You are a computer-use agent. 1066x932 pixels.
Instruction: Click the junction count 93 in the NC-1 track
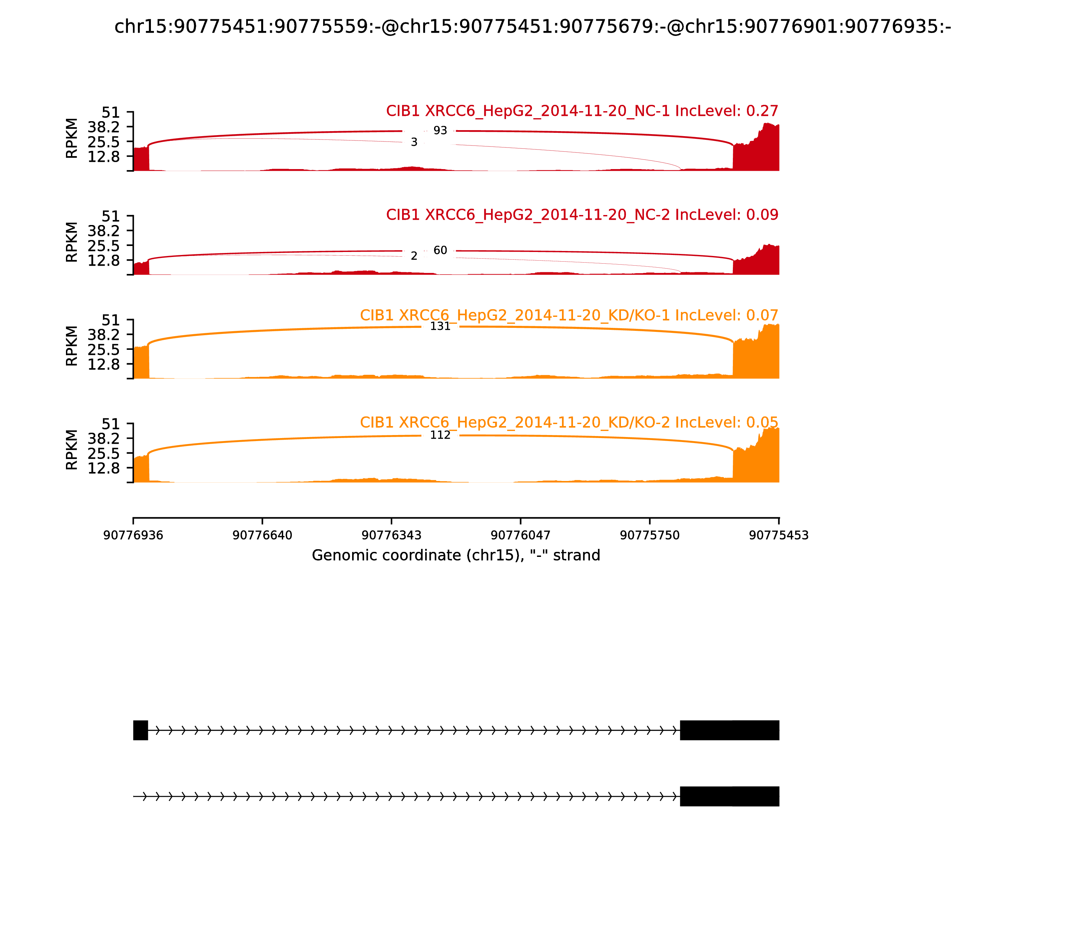(440, 130)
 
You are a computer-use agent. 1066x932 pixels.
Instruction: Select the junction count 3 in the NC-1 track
(414, 142)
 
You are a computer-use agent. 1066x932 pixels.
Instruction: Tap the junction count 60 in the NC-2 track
(440, 250)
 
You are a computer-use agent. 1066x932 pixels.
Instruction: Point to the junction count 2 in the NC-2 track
(414, 256)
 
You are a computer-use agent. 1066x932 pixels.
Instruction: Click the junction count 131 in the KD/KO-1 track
(440, 326)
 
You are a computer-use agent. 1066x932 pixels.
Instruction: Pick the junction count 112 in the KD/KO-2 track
(440, 435)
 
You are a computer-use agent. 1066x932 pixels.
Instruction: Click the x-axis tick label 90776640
(263, 535)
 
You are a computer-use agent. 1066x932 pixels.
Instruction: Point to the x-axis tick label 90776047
(520, 535)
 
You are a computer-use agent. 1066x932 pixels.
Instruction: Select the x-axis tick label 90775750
(650, 535)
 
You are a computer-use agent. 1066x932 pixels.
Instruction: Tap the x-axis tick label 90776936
(133, 535)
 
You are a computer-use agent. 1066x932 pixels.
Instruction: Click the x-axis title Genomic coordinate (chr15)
(456, 556)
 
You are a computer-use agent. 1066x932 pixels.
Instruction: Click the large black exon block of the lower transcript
(729, 796)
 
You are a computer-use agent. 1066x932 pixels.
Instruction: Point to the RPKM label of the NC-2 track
(72, 242)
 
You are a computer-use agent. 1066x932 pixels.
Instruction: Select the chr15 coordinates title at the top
(532, 27)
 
